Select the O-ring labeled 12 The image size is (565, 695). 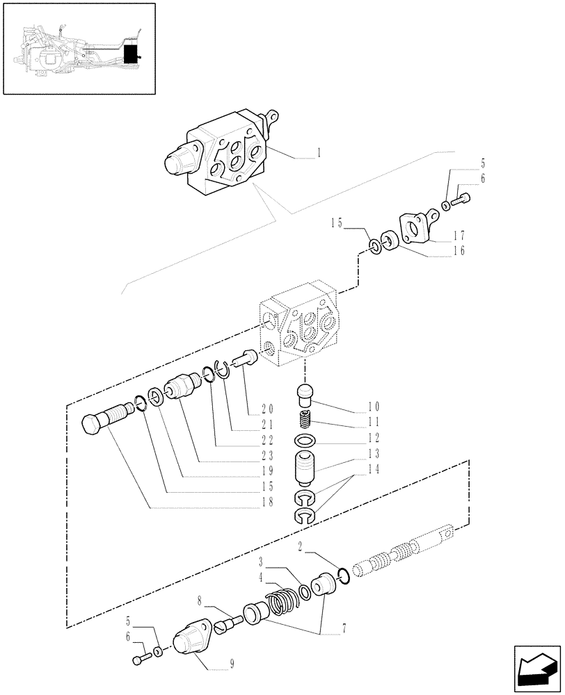click(x=304, y=441)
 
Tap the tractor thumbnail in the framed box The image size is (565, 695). click(x=79, y=48)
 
